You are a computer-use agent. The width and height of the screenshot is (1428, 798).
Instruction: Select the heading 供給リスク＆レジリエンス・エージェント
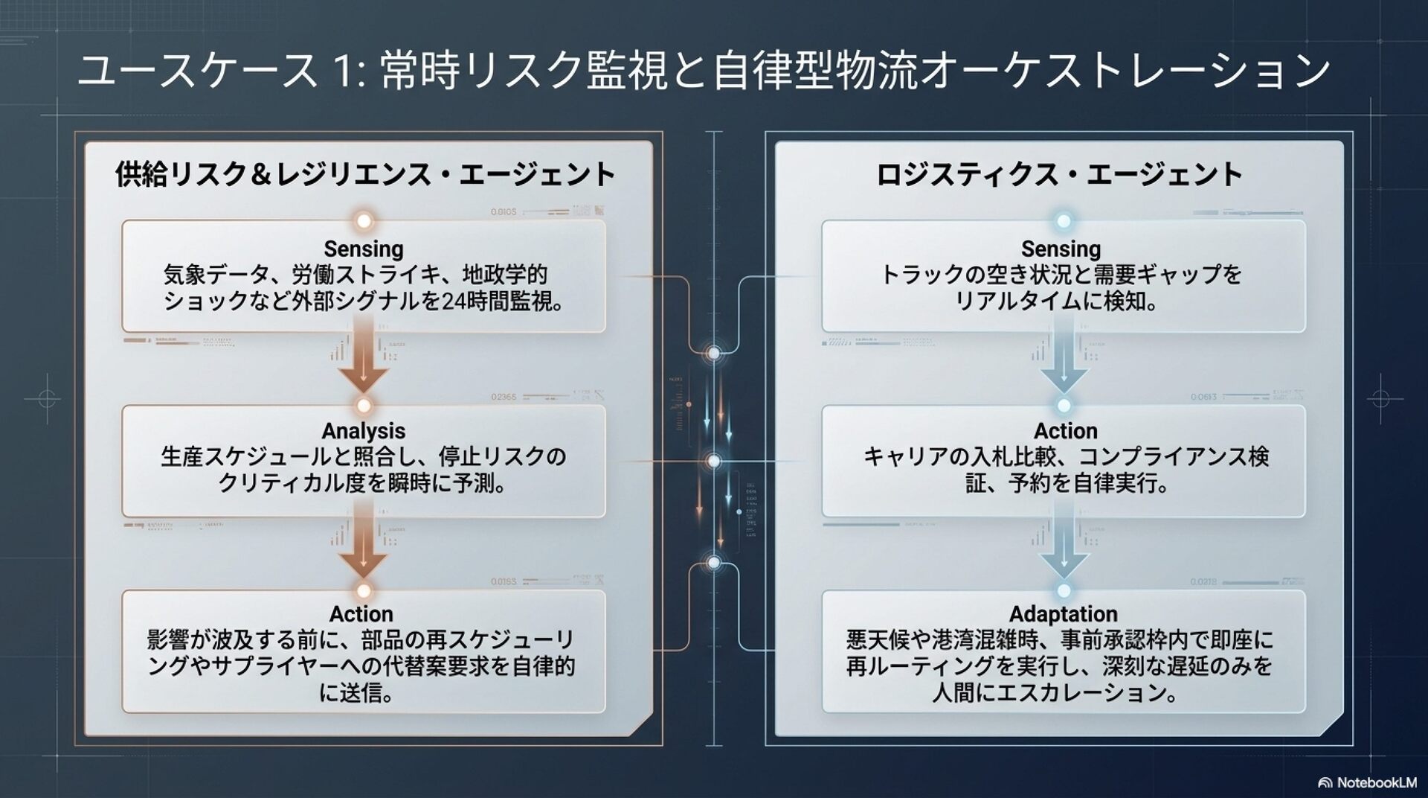tap(365, 175)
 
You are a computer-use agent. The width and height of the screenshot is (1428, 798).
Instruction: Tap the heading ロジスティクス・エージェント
tap(1060, 175)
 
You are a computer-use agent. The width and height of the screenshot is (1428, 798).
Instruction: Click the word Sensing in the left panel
tap(364, 249)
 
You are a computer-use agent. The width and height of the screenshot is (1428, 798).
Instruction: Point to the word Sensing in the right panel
tap(1061, 249)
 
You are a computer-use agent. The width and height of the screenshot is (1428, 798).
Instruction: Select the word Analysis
tap(364, 431)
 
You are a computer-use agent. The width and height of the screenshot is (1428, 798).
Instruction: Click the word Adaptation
tap(1063, 614)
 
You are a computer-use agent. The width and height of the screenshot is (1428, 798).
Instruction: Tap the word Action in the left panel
tap(361, 614)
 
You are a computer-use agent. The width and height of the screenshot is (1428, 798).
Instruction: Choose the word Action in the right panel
tap(1065, 431)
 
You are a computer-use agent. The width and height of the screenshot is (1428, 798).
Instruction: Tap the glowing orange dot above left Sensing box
tap(364, 221)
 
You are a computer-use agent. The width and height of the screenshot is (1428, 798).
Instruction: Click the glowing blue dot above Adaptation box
tap(1064, 590)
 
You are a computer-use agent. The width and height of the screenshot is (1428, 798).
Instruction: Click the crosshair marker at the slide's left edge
tap(47, 399)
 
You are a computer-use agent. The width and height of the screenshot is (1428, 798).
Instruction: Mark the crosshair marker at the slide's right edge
tap(1381, 399)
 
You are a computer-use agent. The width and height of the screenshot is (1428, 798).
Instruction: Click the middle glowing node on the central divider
tap(713, 462)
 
